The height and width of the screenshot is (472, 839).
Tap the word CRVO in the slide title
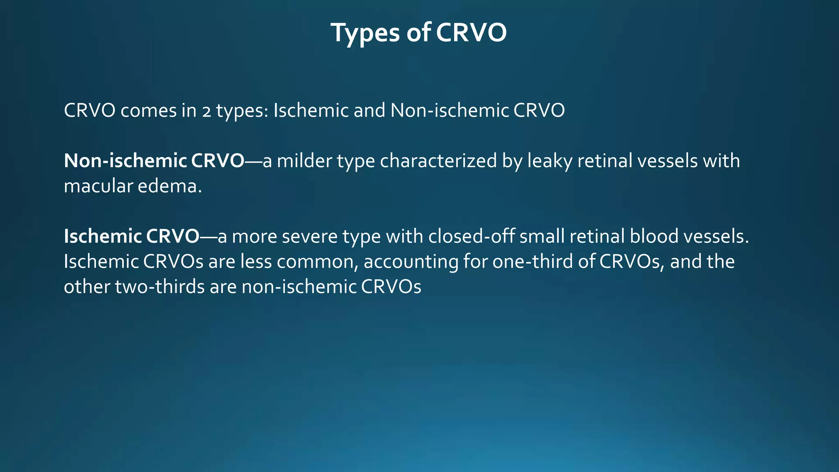point(471,33)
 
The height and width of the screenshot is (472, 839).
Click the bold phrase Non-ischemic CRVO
point(154,161)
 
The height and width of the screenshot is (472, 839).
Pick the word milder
point(304,161)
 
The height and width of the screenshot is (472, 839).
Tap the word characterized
point(438,161)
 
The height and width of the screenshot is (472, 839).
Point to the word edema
point(170,186)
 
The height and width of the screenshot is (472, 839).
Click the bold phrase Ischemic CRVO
point(132,236)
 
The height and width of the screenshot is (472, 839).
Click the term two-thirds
point(160,287)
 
